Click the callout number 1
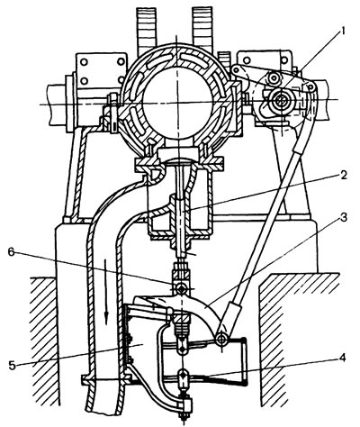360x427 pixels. (344, 32)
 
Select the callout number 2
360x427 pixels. (343, 176)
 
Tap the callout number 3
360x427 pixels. (344, 218)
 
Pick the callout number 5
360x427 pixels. (13, 366)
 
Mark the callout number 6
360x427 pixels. (11, 252)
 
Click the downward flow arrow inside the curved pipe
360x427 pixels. (105, 304)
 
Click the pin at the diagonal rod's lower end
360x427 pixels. (222, 339)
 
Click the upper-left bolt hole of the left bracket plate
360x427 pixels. (85, 62)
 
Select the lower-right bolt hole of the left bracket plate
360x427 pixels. (121, 81)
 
